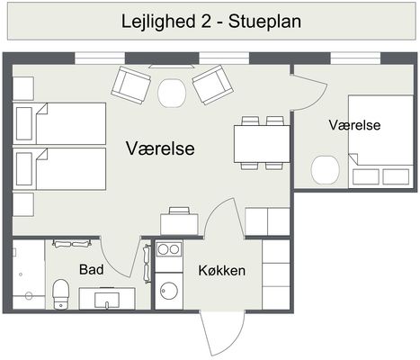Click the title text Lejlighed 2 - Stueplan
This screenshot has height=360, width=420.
tap(211, 22)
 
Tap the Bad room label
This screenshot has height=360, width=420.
tap(92, 270)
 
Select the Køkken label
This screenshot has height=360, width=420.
tap(222, 271)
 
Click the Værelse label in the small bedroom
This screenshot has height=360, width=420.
tap(354, 125)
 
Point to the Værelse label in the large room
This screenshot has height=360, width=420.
tap(160, 148)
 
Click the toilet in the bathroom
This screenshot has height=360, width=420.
tap(61, 293)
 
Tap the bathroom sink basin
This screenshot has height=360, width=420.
tap(107, 300)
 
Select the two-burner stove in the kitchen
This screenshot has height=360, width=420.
tap(169, 249)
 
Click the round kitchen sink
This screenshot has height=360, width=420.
tap(169, 291)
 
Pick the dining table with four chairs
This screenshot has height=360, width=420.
tap(262, 144)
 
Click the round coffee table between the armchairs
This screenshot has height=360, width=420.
tap(172, 93)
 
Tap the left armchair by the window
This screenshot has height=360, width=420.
tap(131, 85)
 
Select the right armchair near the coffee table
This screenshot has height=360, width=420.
tap(212, 85)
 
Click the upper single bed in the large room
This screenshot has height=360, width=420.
tap(59, 123)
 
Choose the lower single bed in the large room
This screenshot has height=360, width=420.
tap(59, 168)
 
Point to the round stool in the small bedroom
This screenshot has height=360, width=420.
tap(326, 170)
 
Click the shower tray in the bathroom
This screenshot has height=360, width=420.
tap(29, 274)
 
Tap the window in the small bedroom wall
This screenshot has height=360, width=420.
tap(355, 58)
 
